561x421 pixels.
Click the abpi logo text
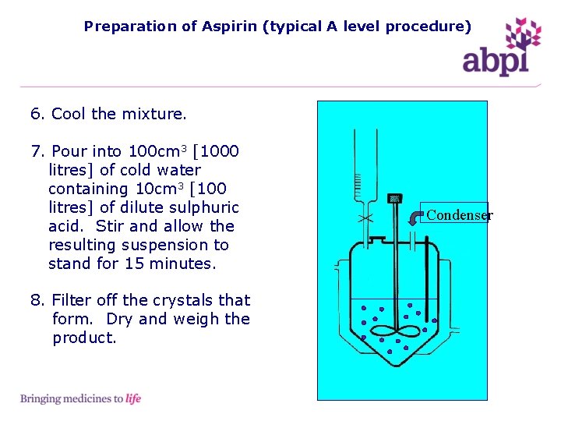(496, 60)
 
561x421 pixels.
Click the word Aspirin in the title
(231, 27)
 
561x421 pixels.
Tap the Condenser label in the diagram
(459, 215)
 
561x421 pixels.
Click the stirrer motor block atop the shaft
(394, 200)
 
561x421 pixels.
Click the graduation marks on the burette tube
(358, 186)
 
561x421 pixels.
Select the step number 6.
(37, 114)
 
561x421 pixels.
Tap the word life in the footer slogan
(133, 399)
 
